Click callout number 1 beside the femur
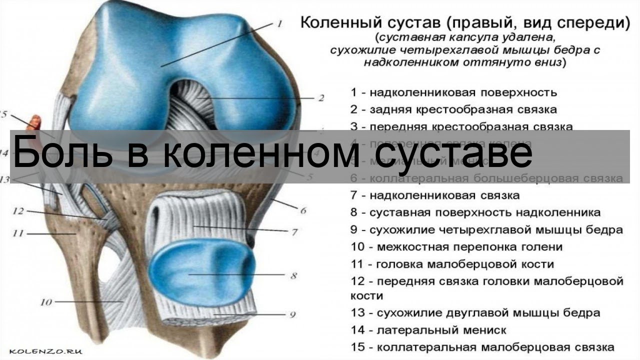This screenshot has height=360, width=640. coord(279,23)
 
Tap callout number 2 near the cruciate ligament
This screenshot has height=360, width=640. coord(320,98)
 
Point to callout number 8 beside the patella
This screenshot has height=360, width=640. coord(293,275)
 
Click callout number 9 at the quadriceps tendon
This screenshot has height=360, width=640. coord(292,314)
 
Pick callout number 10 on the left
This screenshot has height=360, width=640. coord(46,302)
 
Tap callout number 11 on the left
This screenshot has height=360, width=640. coord(18,233)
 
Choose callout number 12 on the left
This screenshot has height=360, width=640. coord(18,211)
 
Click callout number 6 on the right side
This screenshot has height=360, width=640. coord(303,210)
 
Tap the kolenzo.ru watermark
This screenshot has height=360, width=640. coord(45,351)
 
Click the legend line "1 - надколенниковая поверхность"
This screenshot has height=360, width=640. coord(453,92)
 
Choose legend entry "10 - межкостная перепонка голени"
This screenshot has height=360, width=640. coord(456,247)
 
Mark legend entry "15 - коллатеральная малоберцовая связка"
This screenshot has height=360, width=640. coord(482,347)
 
